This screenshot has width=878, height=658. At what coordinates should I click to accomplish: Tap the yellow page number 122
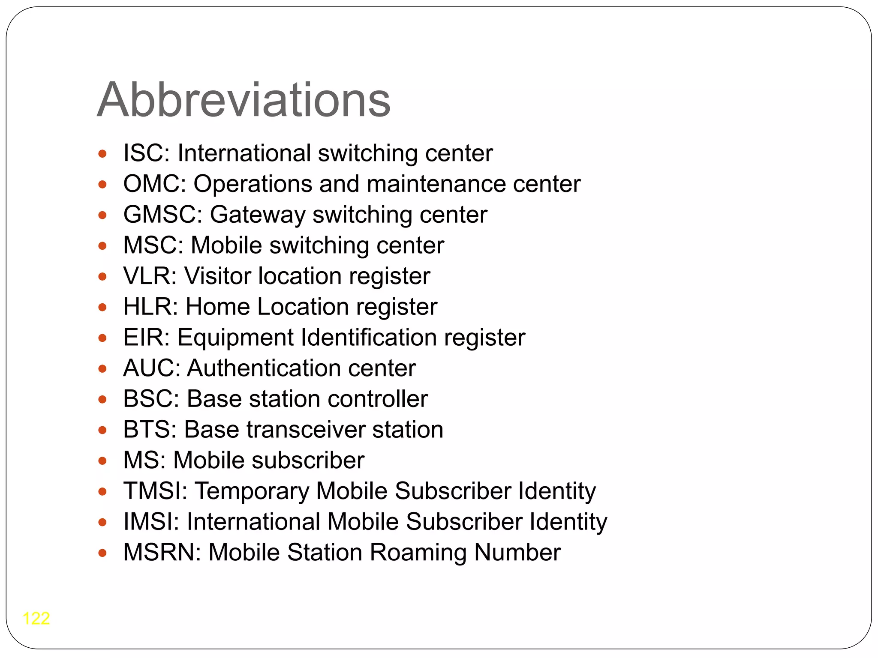point(36,618)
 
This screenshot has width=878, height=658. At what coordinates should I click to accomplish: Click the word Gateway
point(257,215)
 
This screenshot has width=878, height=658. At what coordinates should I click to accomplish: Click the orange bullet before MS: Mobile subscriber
point(102,461)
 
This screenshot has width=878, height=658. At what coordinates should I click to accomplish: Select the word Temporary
point(252,491)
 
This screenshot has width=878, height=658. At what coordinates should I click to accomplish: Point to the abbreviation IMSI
point(148,522)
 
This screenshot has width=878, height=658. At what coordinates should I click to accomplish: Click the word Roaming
point(418,553)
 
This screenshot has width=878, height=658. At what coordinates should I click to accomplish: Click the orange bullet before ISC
point(102,154)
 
